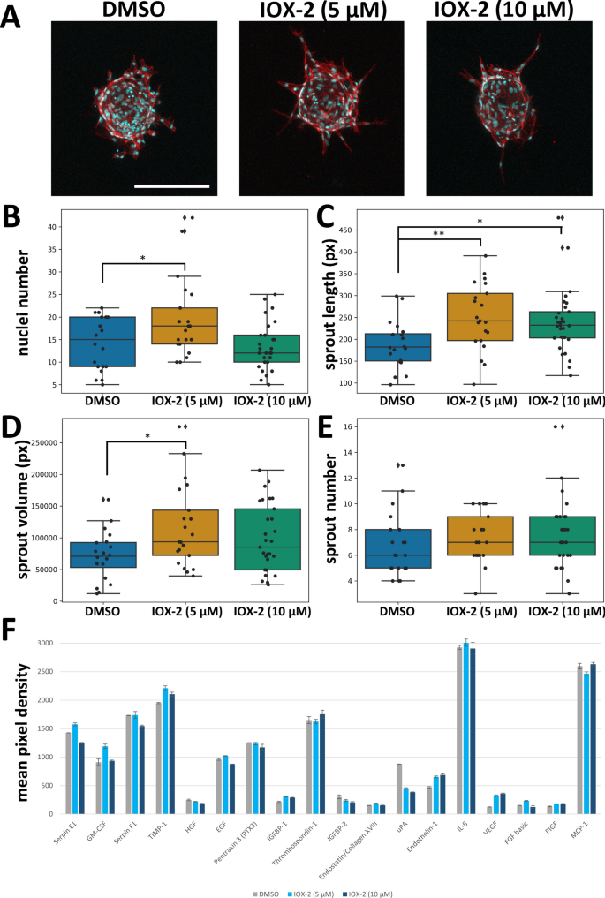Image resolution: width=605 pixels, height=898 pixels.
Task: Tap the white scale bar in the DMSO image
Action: (x=172, y=185)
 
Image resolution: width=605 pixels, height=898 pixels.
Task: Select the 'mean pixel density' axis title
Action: (x=19, y=721)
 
